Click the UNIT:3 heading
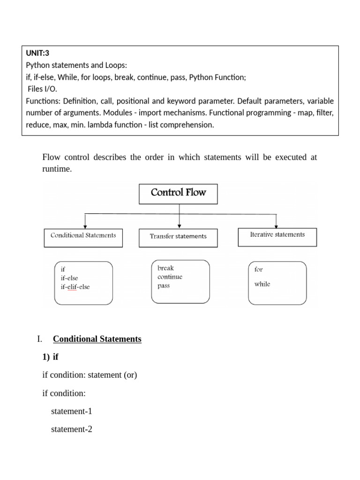coord(37,53)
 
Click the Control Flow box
coord(178,194)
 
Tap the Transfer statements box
coord(178,237)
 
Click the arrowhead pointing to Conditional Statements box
coord(85,226)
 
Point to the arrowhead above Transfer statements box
coord(179,226)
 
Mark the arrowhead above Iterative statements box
coord(276,225)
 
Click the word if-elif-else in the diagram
coord(75,286)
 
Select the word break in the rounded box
coord(165,268)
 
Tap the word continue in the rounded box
coord(170,277)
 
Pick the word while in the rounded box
coord(262,284)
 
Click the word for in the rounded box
coord(258,270)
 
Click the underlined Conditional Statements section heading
coord(97,339)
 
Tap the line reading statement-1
coord(72,411)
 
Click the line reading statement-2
coord(72,429)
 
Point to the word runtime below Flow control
coord(57,169)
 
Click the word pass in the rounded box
coord(164,286)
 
